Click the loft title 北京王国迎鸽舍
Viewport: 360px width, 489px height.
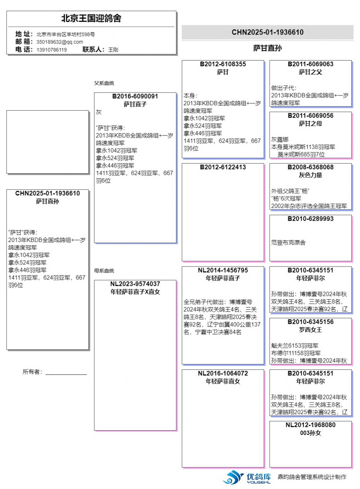point(91,18)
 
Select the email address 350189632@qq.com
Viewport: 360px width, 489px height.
point(60,42)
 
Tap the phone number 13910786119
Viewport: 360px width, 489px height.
point(51,50)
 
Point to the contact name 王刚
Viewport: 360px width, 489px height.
point(113,50)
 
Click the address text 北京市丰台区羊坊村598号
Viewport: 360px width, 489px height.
point(66,34)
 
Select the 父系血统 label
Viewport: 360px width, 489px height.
point(104,83)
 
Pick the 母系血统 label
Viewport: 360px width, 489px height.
point(104,270)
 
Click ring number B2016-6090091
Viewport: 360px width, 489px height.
point(135,96)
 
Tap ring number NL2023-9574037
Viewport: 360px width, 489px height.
point(135,284)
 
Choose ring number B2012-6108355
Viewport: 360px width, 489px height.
point(223,64)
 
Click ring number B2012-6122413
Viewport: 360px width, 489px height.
point(223,167)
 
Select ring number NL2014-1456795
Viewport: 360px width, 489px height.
point(223,270)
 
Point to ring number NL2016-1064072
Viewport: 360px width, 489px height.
point(223,373)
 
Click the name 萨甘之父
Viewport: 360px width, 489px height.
point(310,72)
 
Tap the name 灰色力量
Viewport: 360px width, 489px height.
point(310,175)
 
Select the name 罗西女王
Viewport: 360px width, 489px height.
point(310,329)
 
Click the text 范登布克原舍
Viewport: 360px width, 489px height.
point(288,242)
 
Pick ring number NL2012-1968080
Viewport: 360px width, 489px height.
point(310,425)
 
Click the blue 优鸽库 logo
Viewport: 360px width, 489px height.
point(247,477)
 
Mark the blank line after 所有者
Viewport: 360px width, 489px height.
point(66,373)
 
